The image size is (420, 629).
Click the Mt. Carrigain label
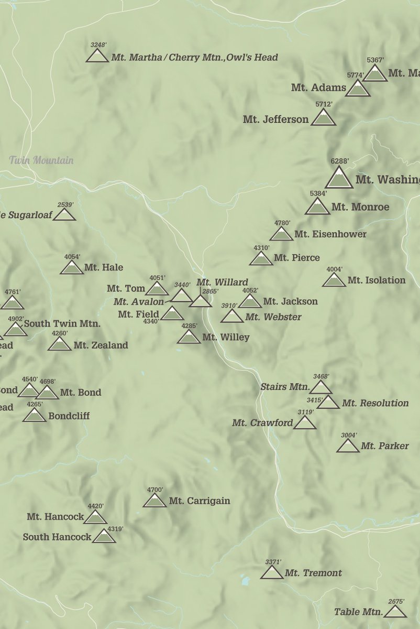coord(199,501)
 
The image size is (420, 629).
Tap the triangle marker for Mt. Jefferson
coord(323,118)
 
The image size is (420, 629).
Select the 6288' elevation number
coord(339,162)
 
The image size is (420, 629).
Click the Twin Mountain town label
coord(41,160)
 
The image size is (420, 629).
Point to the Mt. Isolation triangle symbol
coord(334,280)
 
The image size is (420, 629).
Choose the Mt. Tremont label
coord(313,573)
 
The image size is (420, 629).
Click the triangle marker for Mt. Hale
coord(72,268)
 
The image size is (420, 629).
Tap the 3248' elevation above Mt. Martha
coord(98,45)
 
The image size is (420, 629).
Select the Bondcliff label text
coord(69,416)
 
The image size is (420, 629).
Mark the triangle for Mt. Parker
coord(348,447)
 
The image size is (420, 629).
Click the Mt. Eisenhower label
coord(330,234)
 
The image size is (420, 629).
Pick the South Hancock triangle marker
coord(104,537)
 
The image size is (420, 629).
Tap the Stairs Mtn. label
coord(285,387)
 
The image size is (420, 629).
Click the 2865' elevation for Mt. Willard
coord(210,291)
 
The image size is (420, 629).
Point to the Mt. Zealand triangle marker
coord(60,345)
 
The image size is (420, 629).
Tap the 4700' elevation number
coord(155,490)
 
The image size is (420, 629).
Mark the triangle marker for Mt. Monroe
coord(317,208)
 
